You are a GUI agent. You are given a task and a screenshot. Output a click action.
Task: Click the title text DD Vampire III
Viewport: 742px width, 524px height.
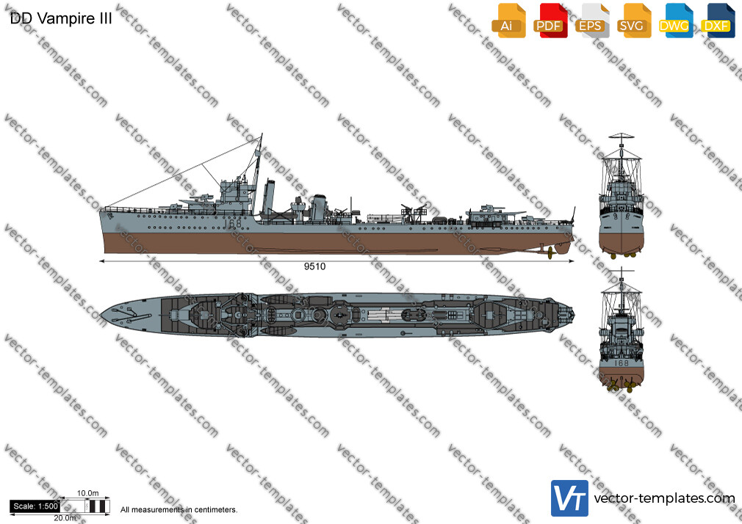[61, 18]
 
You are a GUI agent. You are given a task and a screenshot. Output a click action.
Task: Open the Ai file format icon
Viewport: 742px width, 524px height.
[508, 21]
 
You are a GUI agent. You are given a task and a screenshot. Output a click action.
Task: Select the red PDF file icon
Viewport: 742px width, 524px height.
[550, 21]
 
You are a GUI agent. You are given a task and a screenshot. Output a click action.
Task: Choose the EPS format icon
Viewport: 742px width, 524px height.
[592, 21]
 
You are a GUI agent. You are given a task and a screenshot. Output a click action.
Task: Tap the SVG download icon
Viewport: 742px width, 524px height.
[633, 21]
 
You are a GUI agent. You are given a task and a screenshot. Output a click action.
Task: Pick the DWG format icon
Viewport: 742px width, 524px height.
[676, 21]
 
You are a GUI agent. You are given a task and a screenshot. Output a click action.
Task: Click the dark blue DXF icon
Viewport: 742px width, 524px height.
[718, 21]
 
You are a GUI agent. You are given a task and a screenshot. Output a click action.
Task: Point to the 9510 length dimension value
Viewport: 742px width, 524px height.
[314, 266]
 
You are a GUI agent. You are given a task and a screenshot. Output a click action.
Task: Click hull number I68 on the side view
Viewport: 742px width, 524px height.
[232, 222]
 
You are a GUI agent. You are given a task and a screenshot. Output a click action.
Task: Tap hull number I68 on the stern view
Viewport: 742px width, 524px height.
[621, 363]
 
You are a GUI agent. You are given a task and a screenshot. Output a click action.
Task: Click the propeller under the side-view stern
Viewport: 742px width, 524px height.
[550, 253]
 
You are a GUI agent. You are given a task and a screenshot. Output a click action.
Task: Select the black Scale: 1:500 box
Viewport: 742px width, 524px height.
[35, 506]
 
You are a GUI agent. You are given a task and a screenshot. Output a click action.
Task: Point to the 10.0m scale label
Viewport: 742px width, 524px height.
[88, 493]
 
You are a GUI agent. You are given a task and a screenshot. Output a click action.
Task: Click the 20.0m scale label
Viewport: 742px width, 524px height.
[65, 518]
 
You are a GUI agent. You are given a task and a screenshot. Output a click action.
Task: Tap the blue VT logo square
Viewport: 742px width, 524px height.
[569, 498]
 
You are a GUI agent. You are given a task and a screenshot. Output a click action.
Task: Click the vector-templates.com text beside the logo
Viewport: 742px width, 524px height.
[664, 498]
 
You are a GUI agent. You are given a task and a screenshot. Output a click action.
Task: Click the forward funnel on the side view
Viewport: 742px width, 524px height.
[269, 196]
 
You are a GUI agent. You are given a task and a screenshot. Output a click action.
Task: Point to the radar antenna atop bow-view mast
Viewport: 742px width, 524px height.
[621, 136]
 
